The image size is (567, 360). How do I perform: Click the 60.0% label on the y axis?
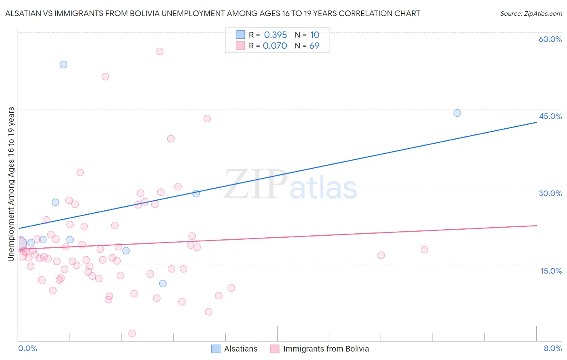pos(550,39)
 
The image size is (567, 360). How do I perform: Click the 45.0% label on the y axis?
pos(550,116)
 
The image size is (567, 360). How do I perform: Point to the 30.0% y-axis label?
pos(550,193)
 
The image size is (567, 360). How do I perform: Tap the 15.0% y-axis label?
pos(551,271)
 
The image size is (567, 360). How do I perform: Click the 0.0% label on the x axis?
pos(27,348)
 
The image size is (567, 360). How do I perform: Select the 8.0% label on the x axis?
pos(552,348)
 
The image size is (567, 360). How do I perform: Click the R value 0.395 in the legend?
pos(275,35)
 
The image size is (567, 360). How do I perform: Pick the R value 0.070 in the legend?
pos(275,46)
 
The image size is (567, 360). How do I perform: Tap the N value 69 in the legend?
pos(314,46)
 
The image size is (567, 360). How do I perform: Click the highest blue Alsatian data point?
pos(63,65)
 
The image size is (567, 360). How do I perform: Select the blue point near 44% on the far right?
pos(457,113)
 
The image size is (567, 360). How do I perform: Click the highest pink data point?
pos(160,51)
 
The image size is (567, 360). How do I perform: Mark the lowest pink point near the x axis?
pos(132,333)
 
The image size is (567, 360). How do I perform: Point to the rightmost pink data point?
pos(424,250)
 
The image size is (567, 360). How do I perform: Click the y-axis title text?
pos(11,184)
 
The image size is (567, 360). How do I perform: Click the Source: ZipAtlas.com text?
pos(531,14)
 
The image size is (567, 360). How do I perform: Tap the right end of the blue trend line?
pos(536,122)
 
